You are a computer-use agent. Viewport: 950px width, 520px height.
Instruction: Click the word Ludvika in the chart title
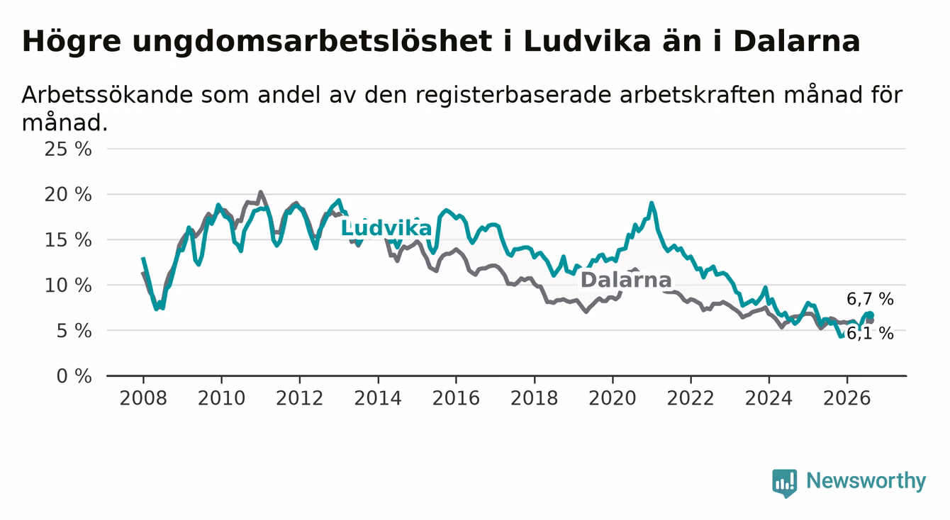(587, 41)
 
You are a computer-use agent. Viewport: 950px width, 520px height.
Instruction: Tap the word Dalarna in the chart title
(796, 41)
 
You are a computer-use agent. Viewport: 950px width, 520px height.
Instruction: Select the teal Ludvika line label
(386, 228)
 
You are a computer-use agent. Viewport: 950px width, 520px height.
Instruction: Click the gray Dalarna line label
(625, 280)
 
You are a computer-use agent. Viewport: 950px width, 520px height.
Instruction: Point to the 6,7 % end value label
(870, 299)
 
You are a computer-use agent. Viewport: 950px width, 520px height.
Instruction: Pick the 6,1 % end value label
(870, 334)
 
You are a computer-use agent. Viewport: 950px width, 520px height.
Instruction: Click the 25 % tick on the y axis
(68, 149)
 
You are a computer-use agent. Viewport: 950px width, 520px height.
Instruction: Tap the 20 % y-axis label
(68, 195)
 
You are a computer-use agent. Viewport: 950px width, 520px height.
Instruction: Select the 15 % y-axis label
(68, 240)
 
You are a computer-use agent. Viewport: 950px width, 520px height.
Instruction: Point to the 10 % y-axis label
(68, 286)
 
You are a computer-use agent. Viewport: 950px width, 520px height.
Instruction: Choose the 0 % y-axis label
(74, 376)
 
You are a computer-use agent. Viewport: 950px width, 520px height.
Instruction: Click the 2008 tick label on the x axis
(143, 398)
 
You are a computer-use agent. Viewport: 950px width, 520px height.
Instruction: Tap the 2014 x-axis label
(378, 398)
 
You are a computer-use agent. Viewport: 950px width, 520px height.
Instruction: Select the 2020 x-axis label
(613, 398)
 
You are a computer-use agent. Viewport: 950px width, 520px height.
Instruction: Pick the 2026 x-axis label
(847, 398)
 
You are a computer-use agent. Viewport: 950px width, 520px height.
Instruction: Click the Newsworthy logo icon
(784, 482)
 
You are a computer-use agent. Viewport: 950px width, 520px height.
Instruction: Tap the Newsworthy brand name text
(866, 481)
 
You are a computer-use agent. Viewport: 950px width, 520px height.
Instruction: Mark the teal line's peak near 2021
(652, 203)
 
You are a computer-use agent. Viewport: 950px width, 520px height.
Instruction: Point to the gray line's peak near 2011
(260, 192)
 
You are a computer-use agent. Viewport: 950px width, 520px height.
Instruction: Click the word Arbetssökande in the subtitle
(108, 94)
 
